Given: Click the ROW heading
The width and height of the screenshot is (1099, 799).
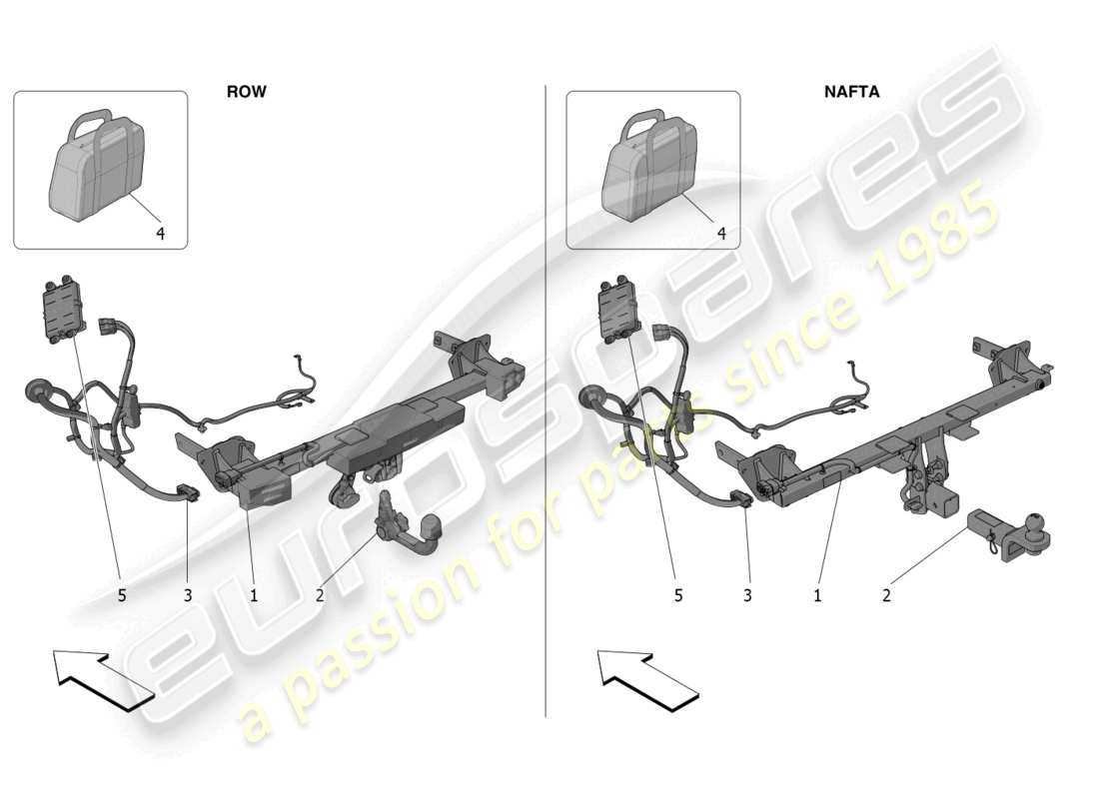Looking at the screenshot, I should [x=246, y=91].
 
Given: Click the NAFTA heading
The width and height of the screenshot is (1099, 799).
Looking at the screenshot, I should [x=851, y=91].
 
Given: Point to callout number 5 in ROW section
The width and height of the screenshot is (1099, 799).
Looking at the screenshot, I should [x=122, y=595].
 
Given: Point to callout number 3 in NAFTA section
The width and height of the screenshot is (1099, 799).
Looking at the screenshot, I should [x=748, y=595].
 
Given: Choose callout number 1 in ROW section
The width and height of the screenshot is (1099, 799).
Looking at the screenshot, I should [x=254, y=595].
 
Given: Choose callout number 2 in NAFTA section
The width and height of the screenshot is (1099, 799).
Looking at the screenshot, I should [x=886, y=595].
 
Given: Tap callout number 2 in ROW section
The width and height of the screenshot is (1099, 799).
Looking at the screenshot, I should [x=320, y=595].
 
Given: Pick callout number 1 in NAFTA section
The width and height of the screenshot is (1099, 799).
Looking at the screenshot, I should [x=817, y=595].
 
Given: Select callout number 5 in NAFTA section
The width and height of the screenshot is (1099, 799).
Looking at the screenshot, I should [x=678, y=595].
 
